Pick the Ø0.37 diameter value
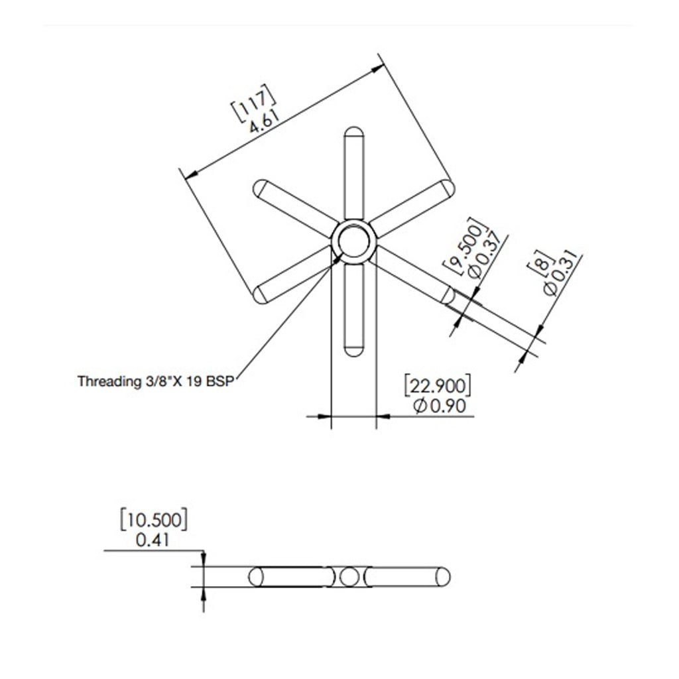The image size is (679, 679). (x=484, y=257)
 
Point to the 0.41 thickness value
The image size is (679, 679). (x=153, y=540)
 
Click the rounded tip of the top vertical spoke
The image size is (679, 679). (x=354, y=133)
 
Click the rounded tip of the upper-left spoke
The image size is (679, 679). (x=261, y=188)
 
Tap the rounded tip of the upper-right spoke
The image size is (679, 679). (x=447, y=188)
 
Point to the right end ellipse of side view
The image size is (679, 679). (x=443, y=577)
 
